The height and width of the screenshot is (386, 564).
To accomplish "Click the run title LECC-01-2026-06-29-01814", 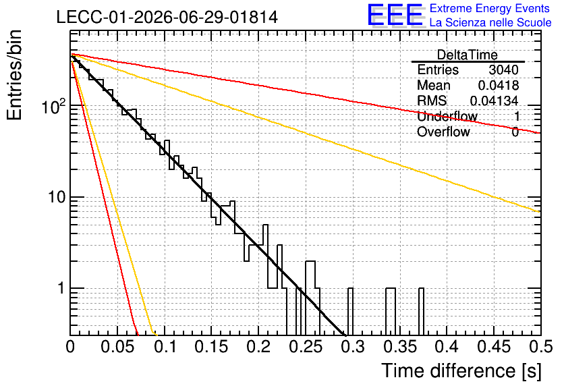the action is [167, 17].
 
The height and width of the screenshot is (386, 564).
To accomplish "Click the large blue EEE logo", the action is [395, 15].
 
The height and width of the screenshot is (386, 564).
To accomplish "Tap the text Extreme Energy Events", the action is [490, 8].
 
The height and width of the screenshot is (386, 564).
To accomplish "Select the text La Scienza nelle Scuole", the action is [490, 22].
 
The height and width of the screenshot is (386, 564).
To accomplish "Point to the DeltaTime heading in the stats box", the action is [468, 55].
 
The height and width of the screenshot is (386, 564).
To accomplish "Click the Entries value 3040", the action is [503, 70].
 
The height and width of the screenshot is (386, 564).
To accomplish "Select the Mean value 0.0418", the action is [499, 85].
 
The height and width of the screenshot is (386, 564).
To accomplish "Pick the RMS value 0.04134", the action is [495, 101].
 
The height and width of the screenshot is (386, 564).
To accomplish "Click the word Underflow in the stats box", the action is [447, 116].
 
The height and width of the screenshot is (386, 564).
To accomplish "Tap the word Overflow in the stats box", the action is [443, 132].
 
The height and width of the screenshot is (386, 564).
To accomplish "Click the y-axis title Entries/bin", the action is [14, 75].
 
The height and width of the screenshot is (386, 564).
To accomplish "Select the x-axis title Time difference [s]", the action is [461, 370].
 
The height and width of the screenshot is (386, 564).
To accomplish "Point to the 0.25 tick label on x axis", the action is [306, 347].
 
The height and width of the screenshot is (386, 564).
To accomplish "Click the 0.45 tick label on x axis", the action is [495, 347].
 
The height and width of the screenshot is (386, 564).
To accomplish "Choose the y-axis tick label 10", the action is [57, 197].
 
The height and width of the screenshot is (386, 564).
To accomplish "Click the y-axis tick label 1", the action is [61, 288].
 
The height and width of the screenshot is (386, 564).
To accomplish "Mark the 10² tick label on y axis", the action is [54, 106].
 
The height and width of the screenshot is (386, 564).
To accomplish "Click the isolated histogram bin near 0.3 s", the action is [350, 312].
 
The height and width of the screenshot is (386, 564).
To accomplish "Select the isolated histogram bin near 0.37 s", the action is [421, 312].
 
